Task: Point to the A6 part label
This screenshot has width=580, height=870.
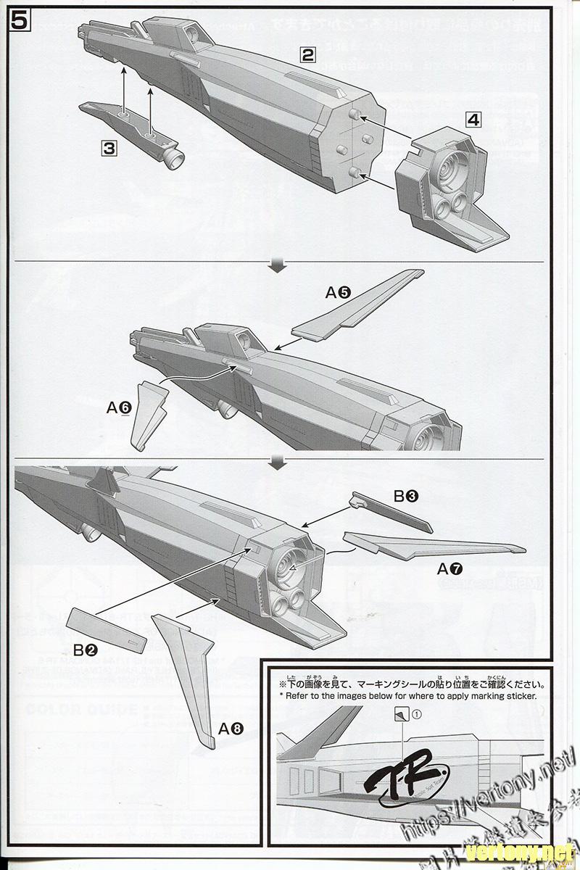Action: point(118,408)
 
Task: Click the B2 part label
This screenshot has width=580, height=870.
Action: point(86,650)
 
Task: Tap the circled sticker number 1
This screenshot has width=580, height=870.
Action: point(416,714)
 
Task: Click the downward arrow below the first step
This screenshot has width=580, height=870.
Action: point(276,268)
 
